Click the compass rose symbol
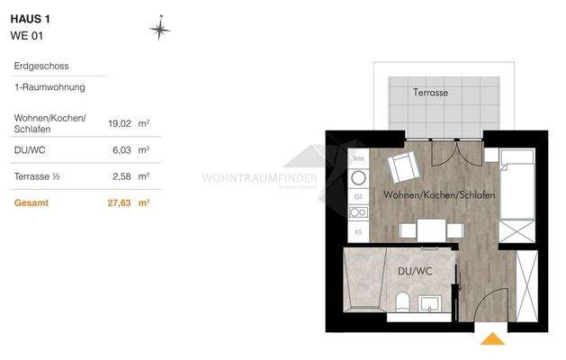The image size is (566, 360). click(159, 30)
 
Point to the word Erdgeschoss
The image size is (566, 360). click(41, 67)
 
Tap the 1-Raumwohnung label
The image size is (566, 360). click(49, 88)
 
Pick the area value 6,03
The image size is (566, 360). click(122, 150)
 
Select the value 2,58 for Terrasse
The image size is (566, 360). click(122, 176)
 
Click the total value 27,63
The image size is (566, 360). click(120, 203)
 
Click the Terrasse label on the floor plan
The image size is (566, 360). click(430, 93)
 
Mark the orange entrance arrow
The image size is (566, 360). click(492, 339)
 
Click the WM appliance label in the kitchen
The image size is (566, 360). click(357, 159)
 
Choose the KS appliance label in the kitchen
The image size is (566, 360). click(357, 232)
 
